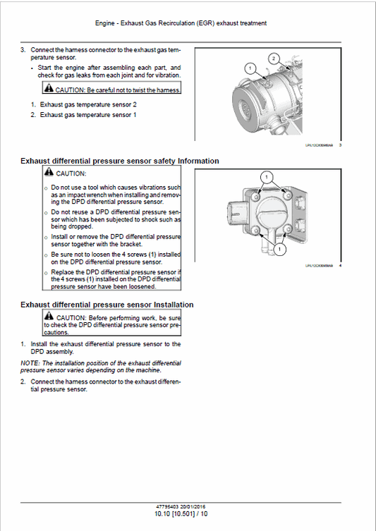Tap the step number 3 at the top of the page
pyautogui.click(x=23, y=50)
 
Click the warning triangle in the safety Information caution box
pyautogui.click(x=48, y=173)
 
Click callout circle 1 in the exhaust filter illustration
pyautogui.click(x=249, y=68)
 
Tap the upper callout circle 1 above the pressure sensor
pyautogui.click(x=266, y=175)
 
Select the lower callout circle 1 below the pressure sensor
pyautogui.click(x=280, y=249)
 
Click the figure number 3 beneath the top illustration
pyautogui.click(x=341, y=145)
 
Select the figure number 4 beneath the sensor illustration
pyautogui.click(x=341, y=266)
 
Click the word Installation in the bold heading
pyautogui.click(x=169, y=305)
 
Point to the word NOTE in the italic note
pyautogui.click(x=29, y=362)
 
